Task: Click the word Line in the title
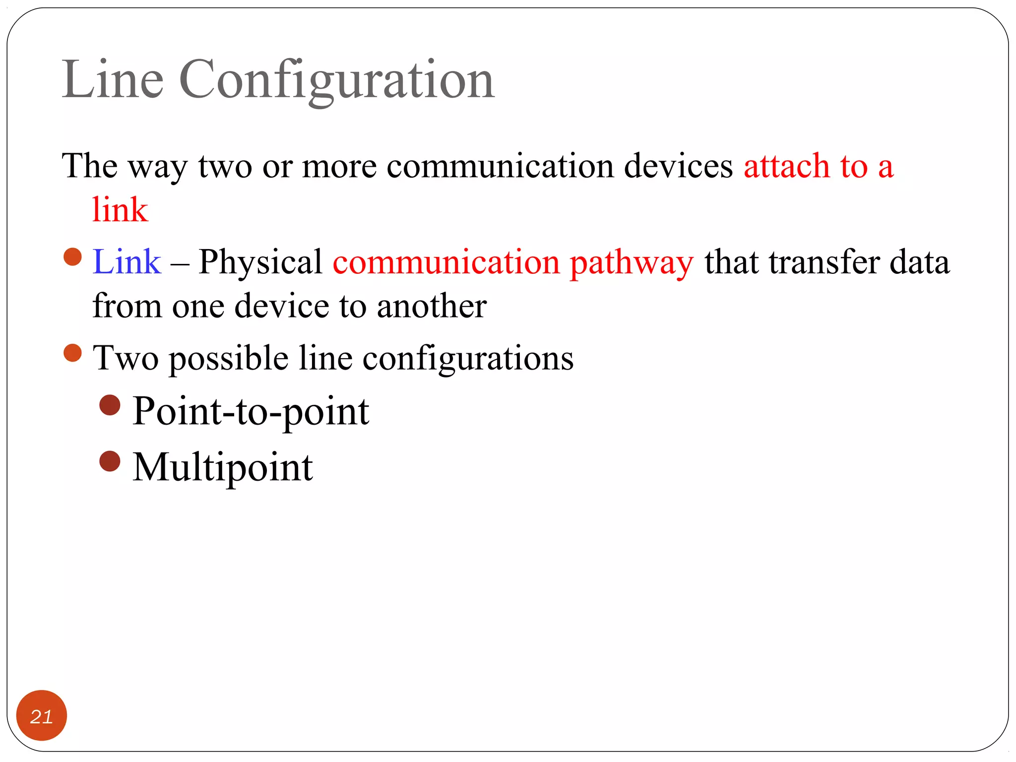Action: point(113,79)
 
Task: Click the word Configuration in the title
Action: point(336,80)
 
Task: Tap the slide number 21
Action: point(42,716)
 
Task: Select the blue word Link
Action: point(127,261)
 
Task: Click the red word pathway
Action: point(631,263)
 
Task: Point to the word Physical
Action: point(260,261)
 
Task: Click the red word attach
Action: point(786,166)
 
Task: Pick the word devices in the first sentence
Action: point(678,166)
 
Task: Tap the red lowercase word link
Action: point(120,209)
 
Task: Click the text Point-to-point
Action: point(251,412)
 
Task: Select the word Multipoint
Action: point(223,467)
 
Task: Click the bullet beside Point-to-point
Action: point(110,405)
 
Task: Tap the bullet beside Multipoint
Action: point(110,461)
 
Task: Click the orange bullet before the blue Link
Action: point(72,257)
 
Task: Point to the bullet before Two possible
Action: point(72,353)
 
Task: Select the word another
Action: point(432,306)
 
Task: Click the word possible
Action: point(229,358)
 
